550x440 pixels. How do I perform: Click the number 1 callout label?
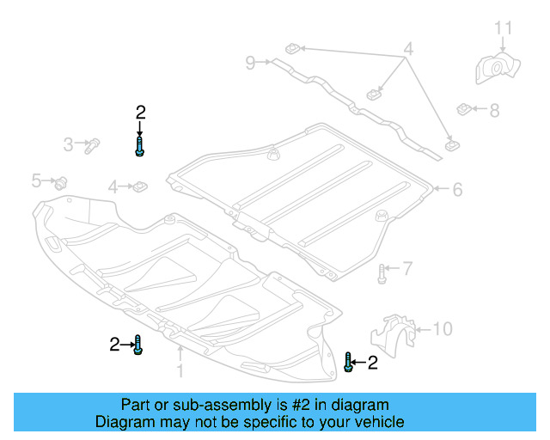180,371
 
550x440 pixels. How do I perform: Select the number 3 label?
68,144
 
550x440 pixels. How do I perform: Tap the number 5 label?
36,180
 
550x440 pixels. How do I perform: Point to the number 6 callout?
457,189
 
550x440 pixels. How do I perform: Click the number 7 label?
407,269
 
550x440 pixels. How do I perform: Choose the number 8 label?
493,110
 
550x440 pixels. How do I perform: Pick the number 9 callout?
250,62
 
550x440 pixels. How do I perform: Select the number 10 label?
442,328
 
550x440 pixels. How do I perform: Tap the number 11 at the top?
503,29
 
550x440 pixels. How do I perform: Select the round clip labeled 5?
62,182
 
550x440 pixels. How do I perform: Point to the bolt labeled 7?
381,274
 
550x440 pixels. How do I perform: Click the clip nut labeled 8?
463,109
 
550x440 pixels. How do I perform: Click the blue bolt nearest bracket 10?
348,362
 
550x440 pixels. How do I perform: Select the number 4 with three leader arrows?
408,51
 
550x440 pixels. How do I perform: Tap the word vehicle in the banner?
374,422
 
